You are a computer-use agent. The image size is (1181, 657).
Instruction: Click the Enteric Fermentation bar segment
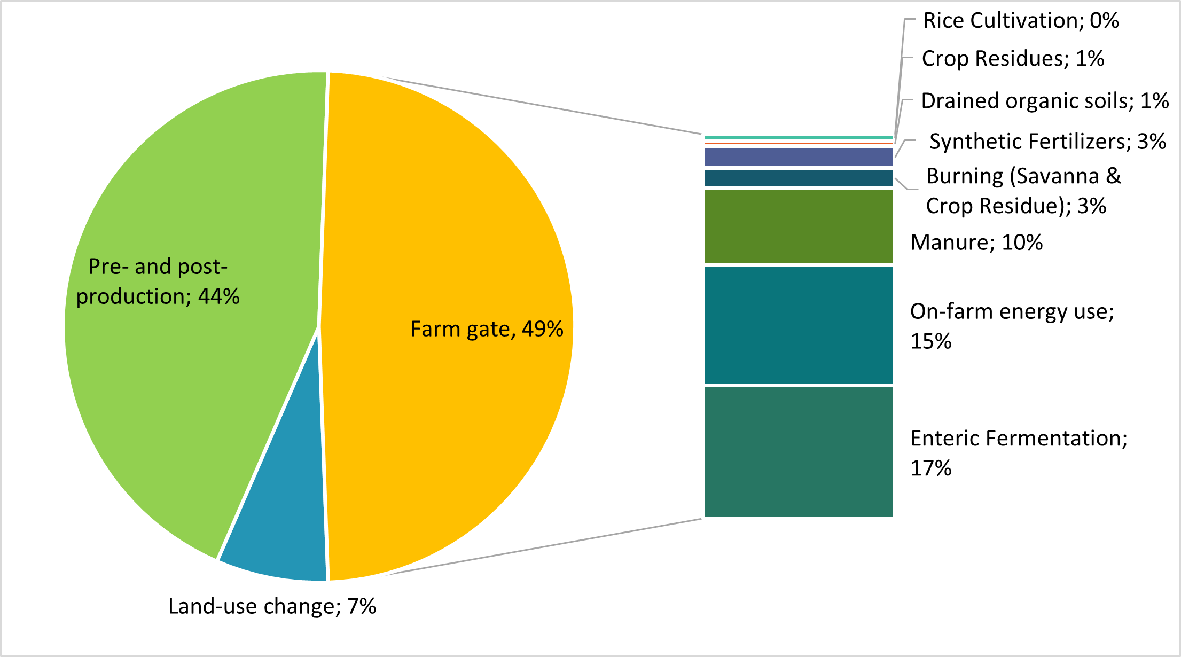(799, 451)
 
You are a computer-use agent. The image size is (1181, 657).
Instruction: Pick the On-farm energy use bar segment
(799, 325)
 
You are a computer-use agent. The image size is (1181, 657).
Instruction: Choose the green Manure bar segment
(799, 226)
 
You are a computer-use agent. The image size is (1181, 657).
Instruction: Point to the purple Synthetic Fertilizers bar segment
(799, 157)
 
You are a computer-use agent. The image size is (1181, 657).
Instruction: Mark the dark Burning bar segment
(799, 178)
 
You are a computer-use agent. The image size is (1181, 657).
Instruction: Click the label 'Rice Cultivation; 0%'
(1021, 21)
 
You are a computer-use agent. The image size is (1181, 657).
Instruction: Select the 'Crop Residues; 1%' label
(1013, 59)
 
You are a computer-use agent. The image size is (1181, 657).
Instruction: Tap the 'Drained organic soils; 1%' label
(1045, 101)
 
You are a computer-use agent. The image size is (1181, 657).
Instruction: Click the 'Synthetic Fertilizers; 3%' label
(1047, 142)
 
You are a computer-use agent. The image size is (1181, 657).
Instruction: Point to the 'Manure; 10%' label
(976, 243)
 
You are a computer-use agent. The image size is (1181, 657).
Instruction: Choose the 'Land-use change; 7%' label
(272, 606)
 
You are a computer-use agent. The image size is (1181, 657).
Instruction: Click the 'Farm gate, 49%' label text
(487, 329)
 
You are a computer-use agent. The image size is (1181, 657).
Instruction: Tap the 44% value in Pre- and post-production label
(219, 296)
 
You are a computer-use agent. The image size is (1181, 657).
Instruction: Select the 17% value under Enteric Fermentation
(930, 468)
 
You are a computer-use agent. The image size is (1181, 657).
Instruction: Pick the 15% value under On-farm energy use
(930, 341)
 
